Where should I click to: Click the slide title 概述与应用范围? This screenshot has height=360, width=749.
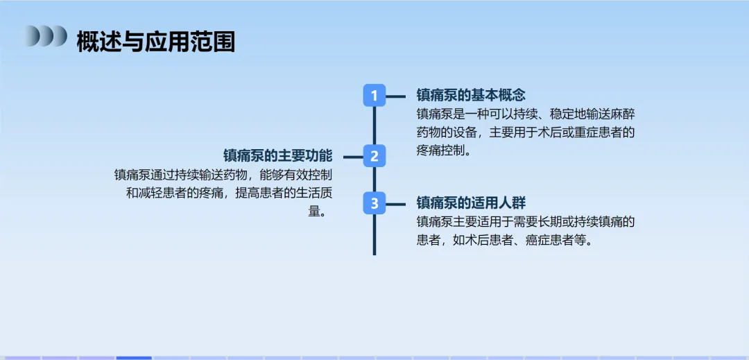tap(155, 42)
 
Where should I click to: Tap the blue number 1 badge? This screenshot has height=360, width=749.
tap(374, 96)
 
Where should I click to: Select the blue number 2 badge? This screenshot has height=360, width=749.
tap(374, 156)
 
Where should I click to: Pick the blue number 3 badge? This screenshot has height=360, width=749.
tap(374, 203)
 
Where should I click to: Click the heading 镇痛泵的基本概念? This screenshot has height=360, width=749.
tap(471, 95)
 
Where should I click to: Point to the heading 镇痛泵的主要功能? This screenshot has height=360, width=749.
tap(277, 155)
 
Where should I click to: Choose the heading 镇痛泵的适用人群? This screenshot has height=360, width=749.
tap(471, 203)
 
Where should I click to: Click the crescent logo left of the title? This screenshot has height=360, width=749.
tap(46, 36)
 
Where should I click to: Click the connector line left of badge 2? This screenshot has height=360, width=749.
tap(353, 157)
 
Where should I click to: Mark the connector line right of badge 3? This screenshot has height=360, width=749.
tap(395, 204)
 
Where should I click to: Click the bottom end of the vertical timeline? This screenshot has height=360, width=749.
tap(374, 252)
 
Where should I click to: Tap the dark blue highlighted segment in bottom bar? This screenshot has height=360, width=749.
tap(133, 357)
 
